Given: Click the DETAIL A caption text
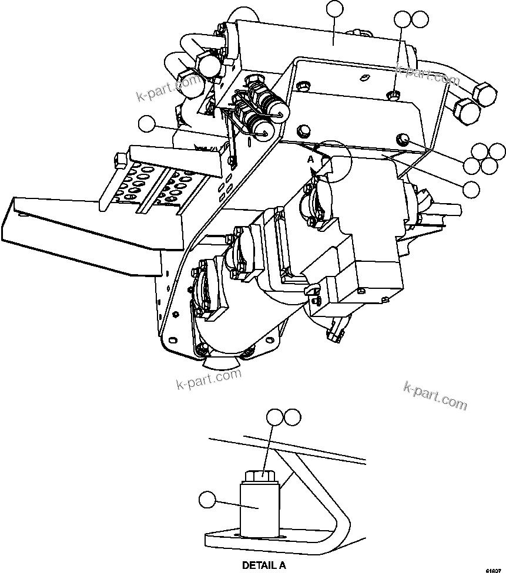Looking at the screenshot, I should tap(264, 566).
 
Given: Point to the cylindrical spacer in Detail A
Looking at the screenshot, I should tap(259, 505).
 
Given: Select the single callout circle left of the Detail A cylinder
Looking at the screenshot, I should tap(206, 501).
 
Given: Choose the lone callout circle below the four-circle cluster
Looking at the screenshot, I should tap(471, 188).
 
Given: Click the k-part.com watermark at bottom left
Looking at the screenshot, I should tap(209, 378).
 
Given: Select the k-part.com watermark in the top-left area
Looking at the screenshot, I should tap(167, 89).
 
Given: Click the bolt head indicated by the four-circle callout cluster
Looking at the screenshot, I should tap(403, 139).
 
